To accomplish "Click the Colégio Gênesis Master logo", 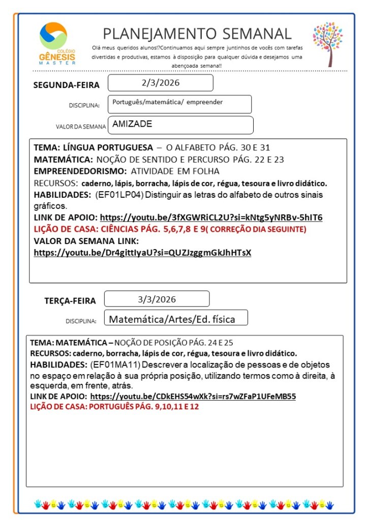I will [x=57, y=44].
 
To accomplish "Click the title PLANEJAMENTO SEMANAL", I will [x=197, y=34].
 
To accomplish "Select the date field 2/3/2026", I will [x=160, y=82].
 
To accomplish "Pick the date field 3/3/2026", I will [x=157, y=299].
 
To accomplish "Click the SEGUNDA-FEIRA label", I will [x=67, y=85].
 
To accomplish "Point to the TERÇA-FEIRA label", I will [x=70, y=300].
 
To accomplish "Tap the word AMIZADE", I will [x=132, y=124].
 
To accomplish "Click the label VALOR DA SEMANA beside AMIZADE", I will [x=81, y=127].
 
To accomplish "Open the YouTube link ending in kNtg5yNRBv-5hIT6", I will [x=211, y=218].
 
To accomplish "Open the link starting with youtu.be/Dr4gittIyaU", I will [x=142, y=253].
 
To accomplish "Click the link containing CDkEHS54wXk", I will [x=193, y=396].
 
